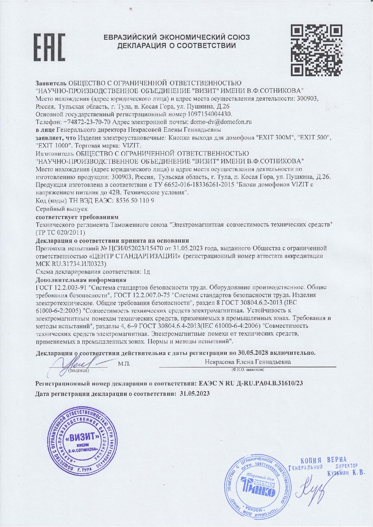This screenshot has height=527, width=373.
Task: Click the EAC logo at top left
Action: pos(50,47)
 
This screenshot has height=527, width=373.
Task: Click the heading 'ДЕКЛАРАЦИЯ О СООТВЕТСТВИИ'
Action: pos(177,46)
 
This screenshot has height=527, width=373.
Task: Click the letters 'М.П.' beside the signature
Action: pos(124,364)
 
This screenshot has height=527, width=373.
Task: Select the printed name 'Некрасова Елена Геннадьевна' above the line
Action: pos(248,362)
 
